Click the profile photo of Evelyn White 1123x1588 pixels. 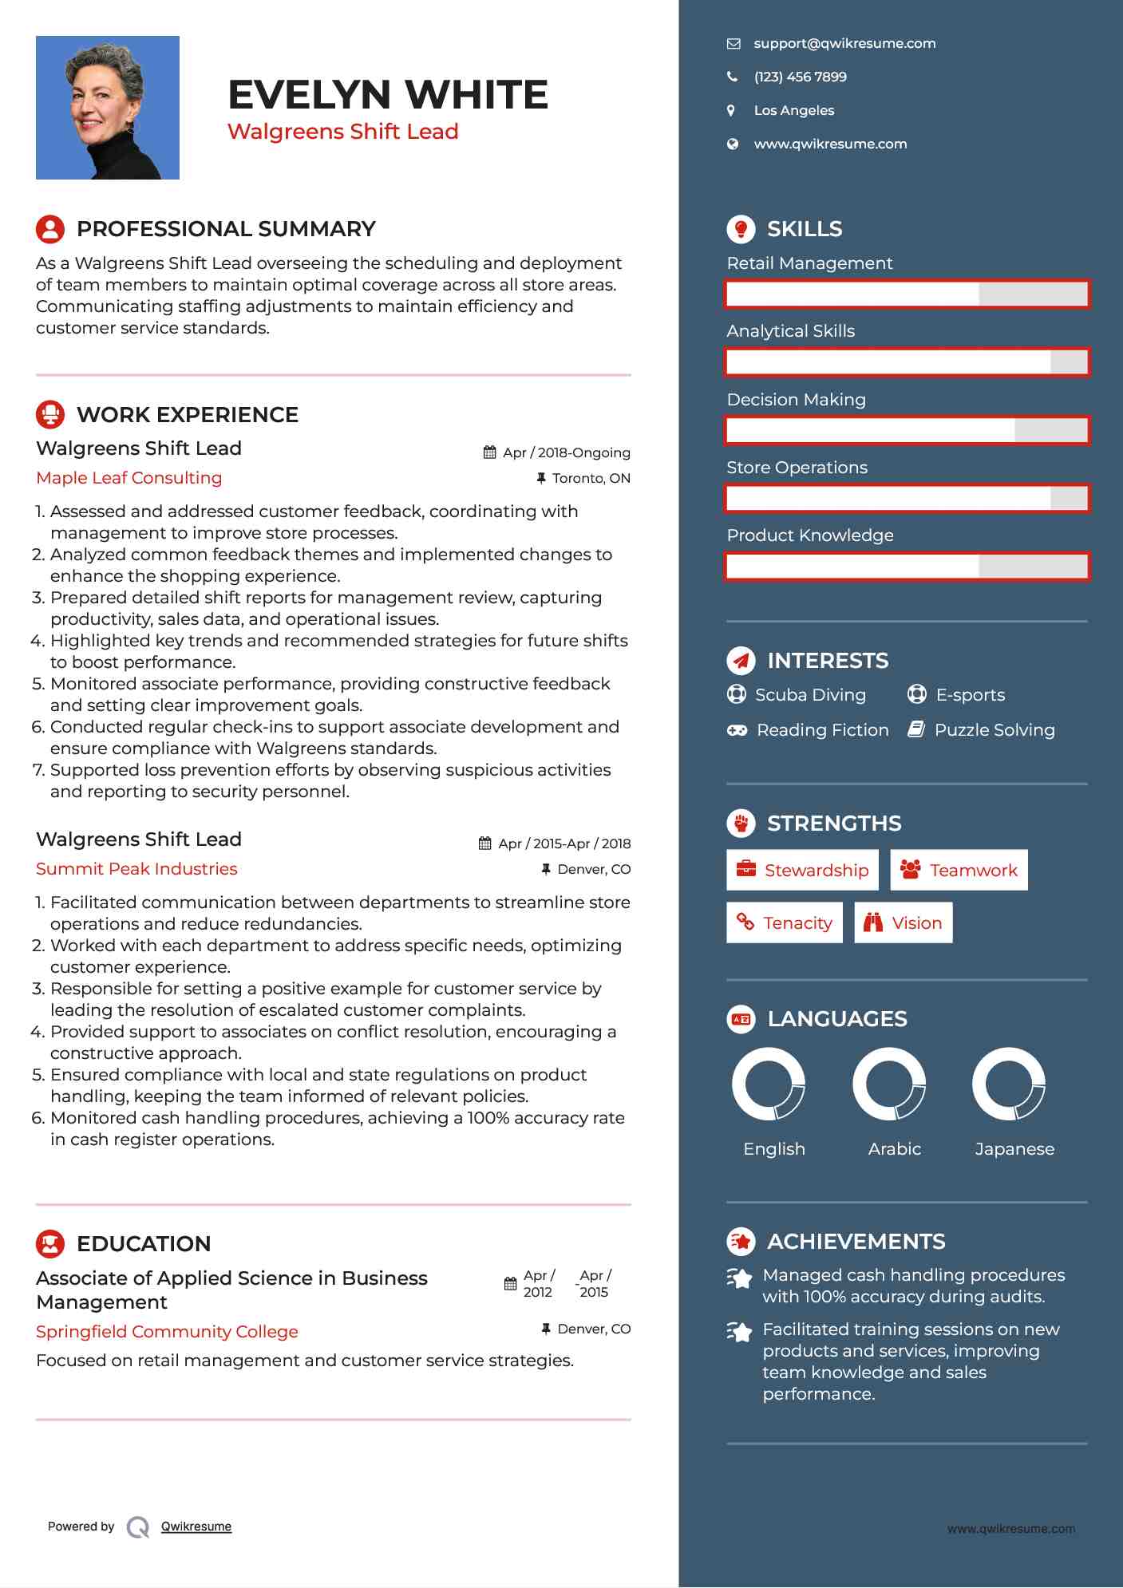pos(108,108)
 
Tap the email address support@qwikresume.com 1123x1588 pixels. pos(844,44)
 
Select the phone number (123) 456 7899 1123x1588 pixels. pos(800,77)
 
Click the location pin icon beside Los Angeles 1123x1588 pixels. pos(731,111)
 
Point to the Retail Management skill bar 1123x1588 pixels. pos(907,294)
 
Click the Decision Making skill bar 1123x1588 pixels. pos(907,430)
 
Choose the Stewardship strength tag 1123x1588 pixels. pos(802,870)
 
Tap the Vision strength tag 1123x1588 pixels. pos(903,923)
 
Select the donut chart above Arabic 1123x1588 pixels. pos(889,1084)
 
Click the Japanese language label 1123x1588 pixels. pos(1014,1149)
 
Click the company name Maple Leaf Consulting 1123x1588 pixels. pos(129,478)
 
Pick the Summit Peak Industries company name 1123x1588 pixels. pos(136,869)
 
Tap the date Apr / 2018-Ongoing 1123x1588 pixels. pos(566,452)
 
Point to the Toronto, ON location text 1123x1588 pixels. pos(591,478)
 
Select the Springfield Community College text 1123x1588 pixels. pos(167,1332)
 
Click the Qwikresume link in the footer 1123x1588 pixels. pos(196,1527)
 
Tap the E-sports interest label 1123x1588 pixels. pos(970,695)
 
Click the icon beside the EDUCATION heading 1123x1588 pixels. pos(50,1244)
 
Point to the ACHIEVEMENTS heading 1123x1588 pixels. pos(856,1242)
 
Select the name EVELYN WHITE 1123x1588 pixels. pos(388,95)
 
